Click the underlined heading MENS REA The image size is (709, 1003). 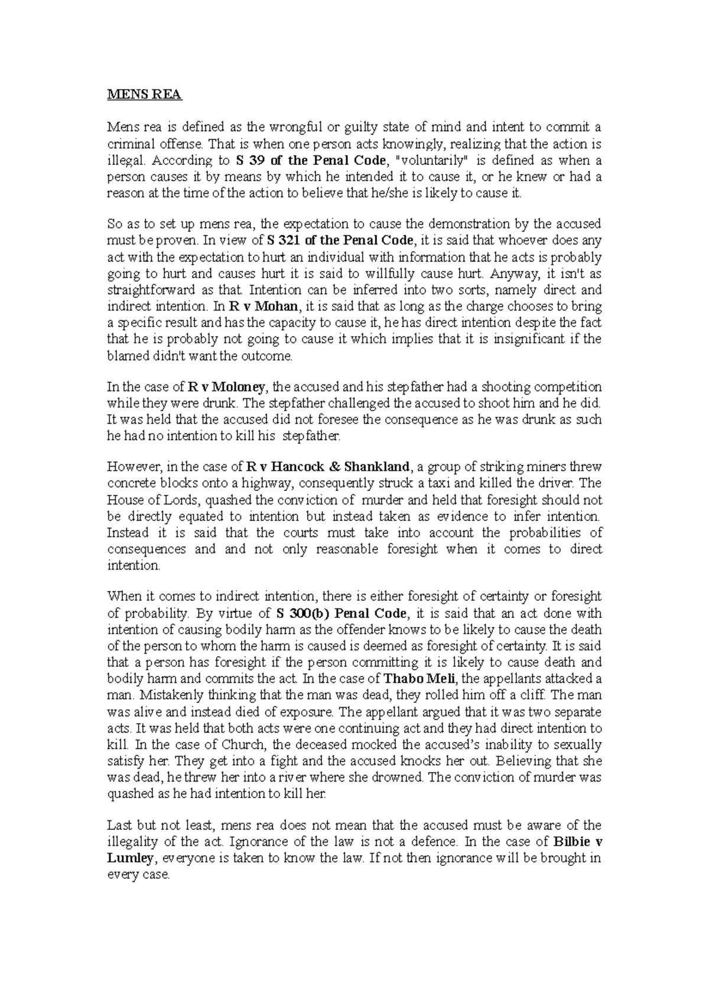[x=145, y=95]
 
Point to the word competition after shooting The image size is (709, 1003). [x=564, y=387]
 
